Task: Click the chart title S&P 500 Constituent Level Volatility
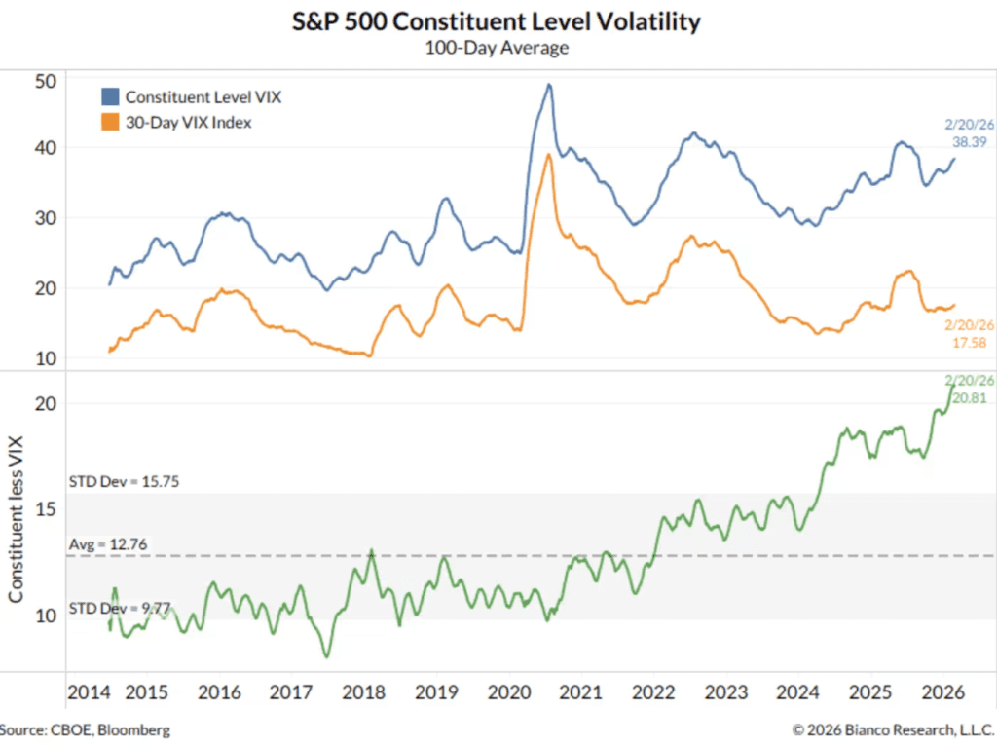pos(497,22)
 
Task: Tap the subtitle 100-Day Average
pos(497,48)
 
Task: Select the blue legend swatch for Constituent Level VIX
pos(110,96)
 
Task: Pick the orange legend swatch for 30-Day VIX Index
pos(110,122)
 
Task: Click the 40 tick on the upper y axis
pos(45,148)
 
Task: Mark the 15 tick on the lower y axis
pos(45,509)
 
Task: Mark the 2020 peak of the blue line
pos(549,85)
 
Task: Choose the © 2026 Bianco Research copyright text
pos(892,729)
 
